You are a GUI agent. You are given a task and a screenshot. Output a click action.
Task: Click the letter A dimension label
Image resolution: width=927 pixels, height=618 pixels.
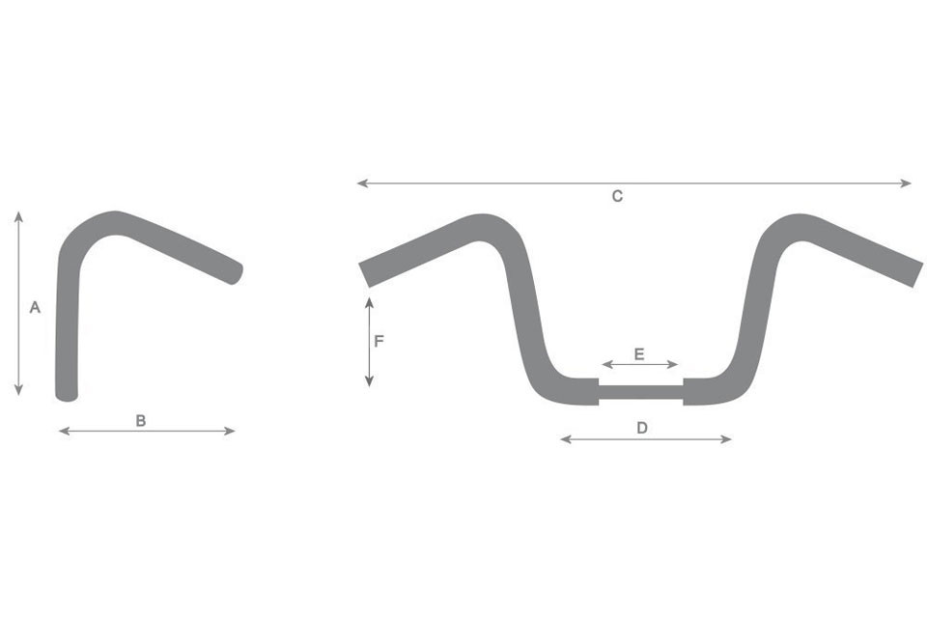point(35,307)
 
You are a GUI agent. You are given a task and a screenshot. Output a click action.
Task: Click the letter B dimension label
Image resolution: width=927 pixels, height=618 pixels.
point(141,420)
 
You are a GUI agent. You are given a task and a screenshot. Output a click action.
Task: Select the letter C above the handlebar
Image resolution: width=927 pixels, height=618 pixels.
point(617,196)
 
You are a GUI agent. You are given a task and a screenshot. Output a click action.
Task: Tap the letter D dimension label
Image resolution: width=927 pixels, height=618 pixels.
point(642,428)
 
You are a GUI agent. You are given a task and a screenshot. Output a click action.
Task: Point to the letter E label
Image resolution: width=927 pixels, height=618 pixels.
point(639,353)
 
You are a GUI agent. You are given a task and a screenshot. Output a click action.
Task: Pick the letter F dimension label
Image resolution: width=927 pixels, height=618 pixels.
point(379,341)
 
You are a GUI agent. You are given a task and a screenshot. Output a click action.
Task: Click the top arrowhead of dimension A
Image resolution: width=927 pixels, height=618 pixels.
point(18,214)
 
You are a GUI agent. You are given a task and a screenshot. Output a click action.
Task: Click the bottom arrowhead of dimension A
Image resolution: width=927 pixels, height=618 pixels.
point(18,391)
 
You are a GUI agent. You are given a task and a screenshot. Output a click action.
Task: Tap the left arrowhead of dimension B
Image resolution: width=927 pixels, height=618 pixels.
point(63,431)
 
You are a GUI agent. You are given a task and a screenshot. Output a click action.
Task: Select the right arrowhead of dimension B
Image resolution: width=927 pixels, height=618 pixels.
point(232,431)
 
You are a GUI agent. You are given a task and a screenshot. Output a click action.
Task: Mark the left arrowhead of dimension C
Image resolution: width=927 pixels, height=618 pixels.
point(360,183)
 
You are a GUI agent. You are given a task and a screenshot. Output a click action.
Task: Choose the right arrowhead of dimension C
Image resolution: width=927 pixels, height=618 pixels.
point(908,183)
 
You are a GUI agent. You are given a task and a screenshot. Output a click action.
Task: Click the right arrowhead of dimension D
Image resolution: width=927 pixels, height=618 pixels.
point(728,439)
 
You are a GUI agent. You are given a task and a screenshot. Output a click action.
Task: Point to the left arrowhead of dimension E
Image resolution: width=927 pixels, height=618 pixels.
point(604,364)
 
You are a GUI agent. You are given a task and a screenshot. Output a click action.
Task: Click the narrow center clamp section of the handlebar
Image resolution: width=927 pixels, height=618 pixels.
point(641,391)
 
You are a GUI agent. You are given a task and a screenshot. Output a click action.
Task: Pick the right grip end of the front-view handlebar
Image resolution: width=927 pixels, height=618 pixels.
point(915,271)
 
